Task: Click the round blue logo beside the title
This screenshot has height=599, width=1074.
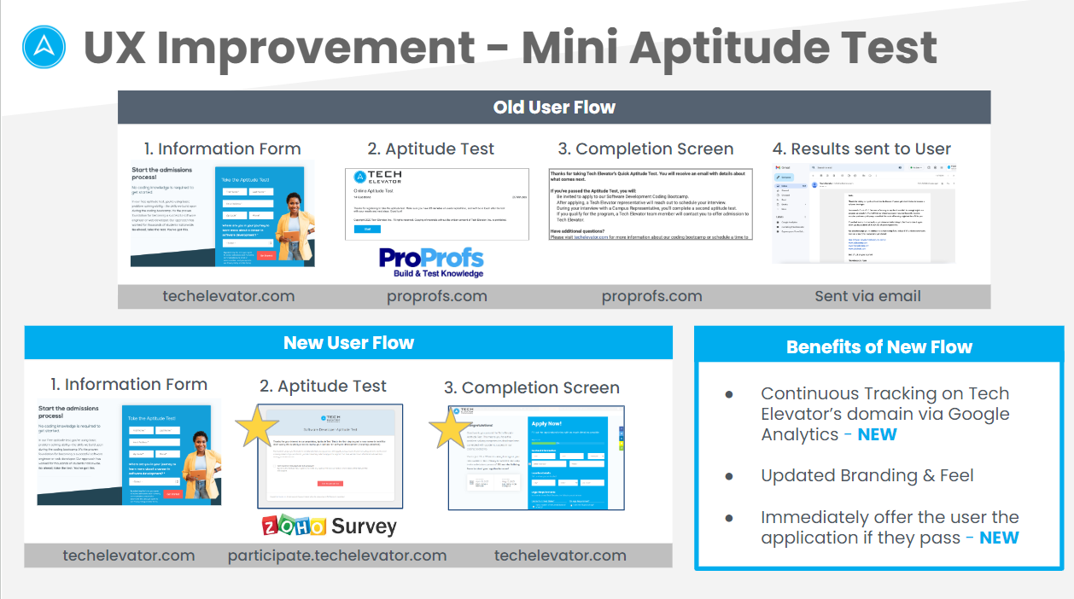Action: tap(44, 47)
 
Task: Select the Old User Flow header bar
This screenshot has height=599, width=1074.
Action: tap(554, 108)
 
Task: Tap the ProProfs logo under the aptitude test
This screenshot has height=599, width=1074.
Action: tap(432, 261)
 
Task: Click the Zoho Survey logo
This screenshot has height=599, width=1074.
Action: tap(330, 526)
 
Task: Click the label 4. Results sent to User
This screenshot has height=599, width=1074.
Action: tap(861, 149)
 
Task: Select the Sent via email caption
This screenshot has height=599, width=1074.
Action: tap(867, 296)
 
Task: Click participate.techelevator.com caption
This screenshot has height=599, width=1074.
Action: tap(337, 555)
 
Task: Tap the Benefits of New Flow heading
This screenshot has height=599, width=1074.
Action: tap(878, 347)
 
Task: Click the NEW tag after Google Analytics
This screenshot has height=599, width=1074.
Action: tap(877, 434)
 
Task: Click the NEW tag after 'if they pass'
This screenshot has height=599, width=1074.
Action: tap(999, 538)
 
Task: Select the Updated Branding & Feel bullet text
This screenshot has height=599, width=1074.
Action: tap(867, 475)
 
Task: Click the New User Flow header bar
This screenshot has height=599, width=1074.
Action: tap(348, 343)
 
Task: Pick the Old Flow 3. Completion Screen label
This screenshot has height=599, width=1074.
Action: tap(645, 149)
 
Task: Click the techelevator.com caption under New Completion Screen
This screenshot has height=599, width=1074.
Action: tap(560, 555)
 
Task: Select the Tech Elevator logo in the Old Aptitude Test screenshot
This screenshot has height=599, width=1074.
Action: tap(378, 178)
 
